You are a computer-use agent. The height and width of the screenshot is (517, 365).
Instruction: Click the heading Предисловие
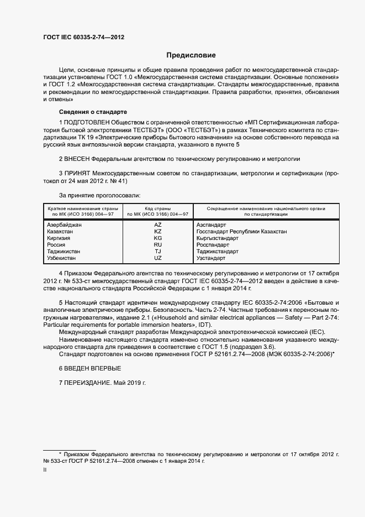[x=192, y=55]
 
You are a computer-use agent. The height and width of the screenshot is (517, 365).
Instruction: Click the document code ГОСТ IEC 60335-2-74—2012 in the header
[x=83, y=36]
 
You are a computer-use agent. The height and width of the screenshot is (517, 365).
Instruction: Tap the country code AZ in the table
[x=157, y=225]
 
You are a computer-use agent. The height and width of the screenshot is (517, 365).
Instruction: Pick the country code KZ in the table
[x=157, y=232]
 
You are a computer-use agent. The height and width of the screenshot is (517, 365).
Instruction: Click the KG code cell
[x=157, y=238]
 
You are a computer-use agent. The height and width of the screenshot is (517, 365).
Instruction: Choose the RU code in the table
[x=157, y=245]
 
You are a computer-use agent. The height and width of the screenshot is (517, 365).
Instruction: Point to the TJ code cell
[x=157, y=252]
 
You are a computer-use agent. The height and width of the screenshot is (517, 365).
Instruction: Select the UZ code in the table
[x=157, y=258]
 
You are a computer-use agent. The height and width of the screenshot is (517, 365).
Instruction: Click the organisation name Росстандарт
[x=213, y=245]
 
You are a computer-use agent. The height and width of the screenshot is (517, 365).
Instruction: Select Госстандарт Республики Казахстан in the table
[x=241, y=232]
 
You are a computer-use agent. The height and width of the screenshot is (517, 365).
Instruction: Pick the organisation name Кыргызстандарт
[x=217, y=238]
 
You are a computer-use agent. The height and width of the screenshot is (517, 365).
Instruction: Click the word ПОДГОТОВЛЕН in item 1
[x=87, y=122]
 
